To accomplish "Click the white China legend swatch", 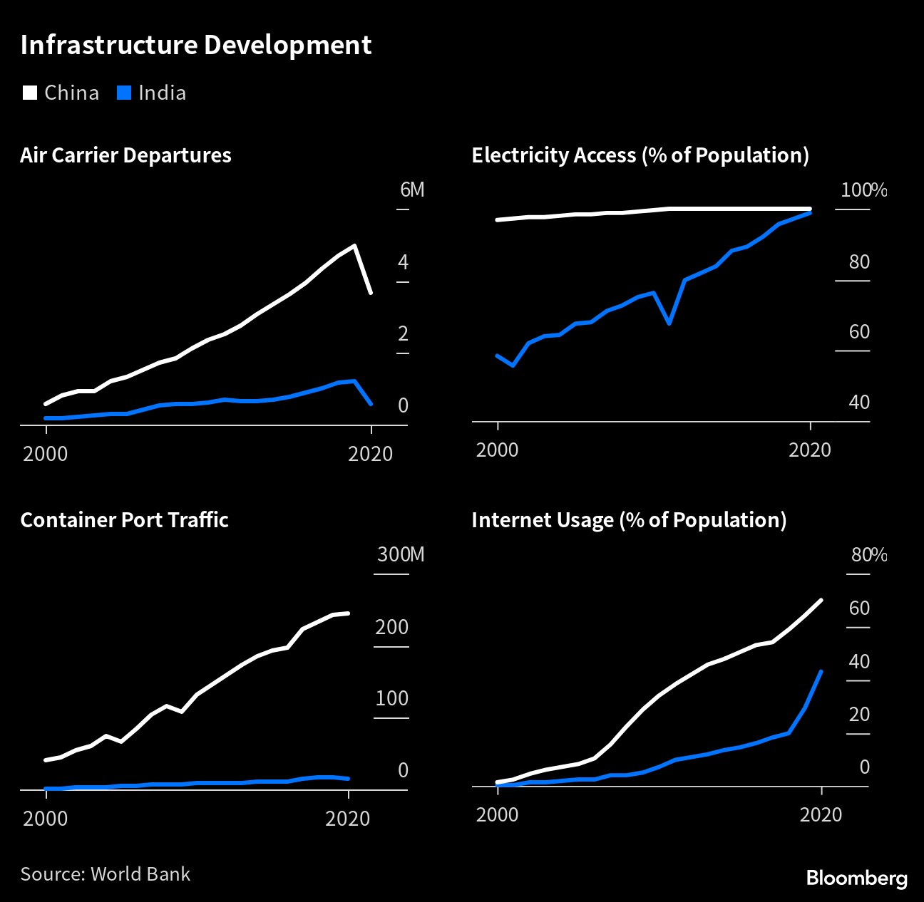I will (29, 93).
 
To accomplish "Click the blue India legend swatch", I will (124, 93).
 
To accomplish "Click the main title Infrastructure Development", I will (196, 45).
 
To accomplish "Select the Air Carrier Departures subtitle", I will (125, 155).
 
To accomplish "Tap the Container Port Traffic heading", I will (124, 520).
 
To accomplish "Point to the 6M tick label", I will (411, 190).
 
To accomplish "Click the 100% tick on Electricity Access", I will (863, 190).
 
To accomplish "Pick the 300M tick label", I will (400, 555).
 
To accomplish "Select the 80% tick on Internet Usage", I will (868, 555).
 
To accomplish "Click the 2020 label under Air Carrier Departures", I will (370, 454).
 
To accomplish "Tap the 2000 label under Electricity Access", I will (497, 450).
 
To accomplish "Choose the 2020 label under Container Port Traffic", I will (347, 818).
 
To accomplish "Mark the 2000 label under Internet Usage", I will (497, 814).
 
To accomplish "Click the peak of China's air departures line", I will (354, 246).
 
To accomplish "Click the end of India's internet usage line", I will (821, 671).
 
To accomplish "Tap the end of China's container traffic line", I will (348, 613).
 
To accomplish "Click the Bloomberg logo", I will (856, 878).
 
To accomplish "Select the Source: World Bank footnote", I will (105, 874).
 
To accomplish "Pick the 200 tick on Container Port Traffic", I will (391, 627).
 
